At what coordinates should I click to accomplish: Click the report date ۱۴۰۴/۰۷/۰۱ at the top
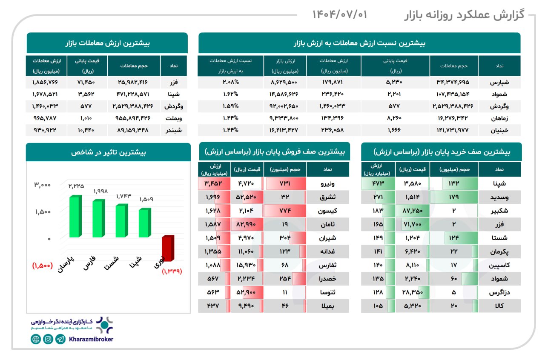(x=339, y=15)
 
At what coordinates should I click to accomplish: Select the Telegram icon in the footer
(x=60, y=339)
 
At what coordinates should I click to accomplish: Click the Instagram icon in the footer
(x=48, y=339)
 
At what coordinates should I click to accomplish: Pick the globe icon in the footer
(x=36, y=339)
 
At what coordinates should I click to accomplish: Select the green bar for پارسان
(x=75, y=217)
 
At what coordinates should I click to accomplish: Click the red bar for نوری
(x=167, y=248)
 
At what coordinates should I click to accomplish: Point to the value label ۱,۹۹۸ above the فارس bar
(x=101, y=192)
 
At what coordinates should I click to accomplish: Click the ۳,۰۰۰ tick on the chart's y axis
(x=43, y=185)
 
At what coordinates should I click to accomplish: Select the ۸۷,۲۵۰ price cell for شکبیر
(x=412, y=211)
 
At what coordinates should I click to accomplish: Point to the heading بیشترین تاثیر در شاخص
(x=108, y=152)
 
